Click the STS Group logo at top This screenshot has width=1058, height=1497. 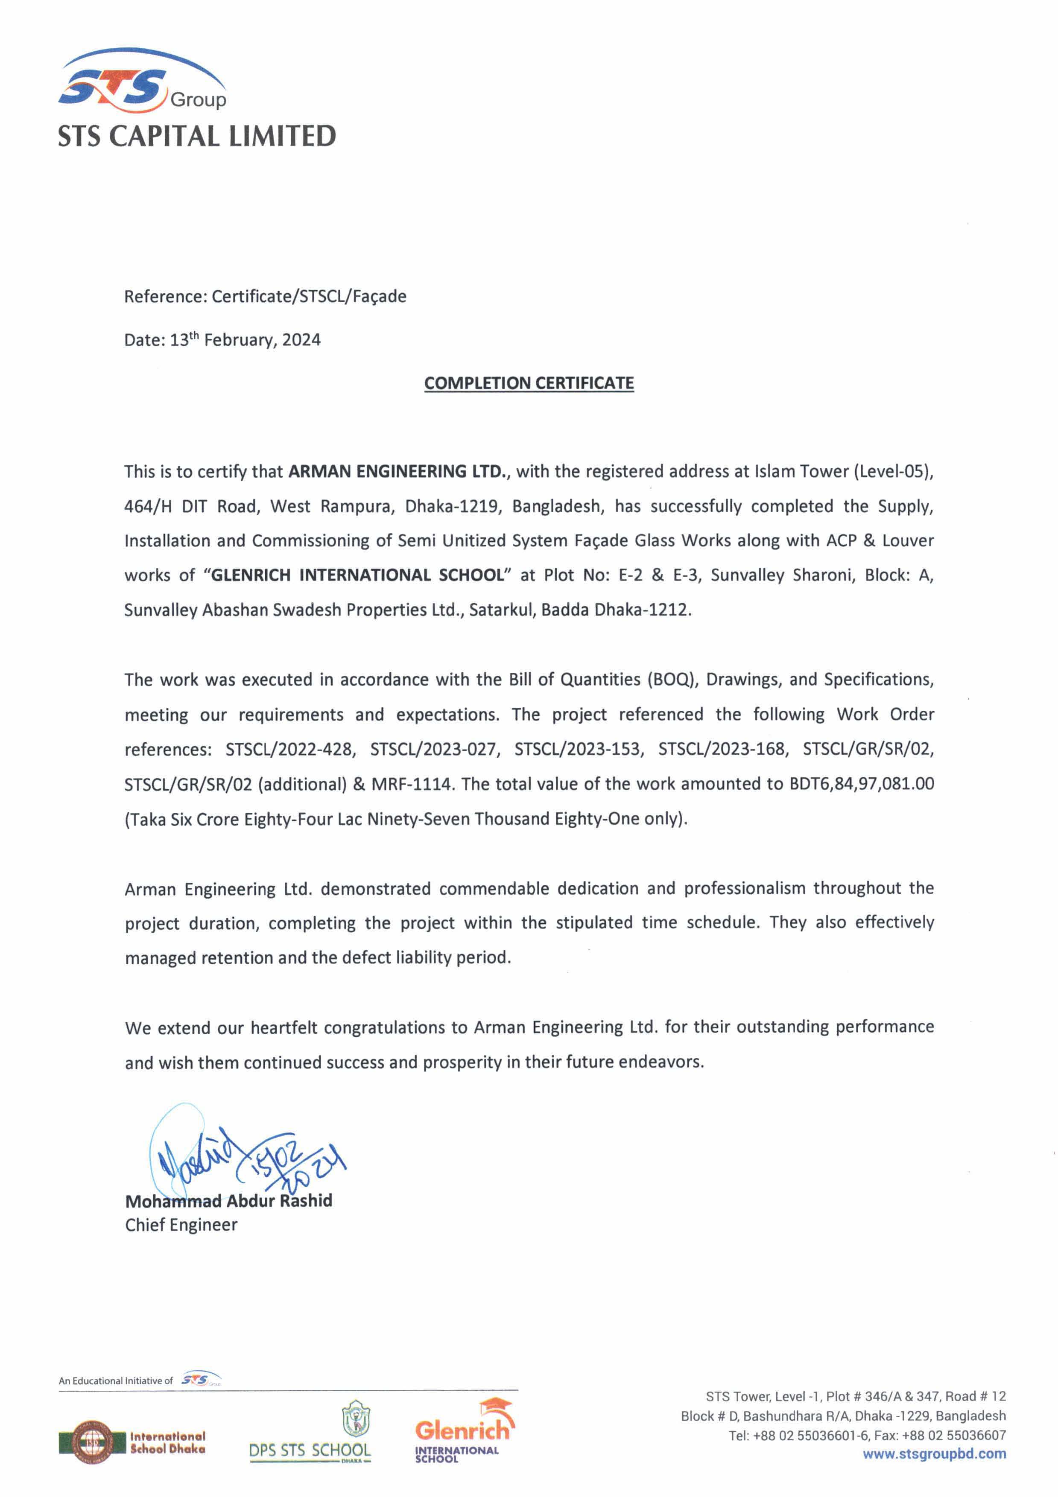pyautogui.click(x=142, y=82)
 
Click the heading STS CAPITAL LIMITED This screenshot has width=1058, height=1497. pyautogui.click(x=196, y=136)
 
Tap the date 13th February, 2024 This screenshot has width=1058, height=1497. pyautogui.click(x=245, y=340)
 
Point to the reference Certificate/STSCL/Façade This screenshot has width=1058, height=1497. pyautogui.click(x=309, y=297)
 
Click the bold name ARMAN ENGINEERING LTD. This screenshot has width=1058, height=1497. pyautogui.click(x=397, y=471)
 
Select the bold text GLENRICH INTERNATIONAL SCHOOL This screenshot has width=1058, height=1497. pyautogui.click(x=357, y=575)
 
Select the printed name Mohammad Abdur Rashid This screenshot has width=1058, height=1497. pyautogui.click(x=228, y=1201)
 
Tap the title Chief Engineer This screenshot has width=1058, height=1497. pyautogui.click(x=181, y=1225)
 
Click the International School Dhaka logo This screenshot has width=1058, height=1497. pyautogui.click(x=132, y=1442)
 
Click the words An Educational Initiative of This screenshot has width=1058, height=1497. pyautogui.click(x=115, y=1380)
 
